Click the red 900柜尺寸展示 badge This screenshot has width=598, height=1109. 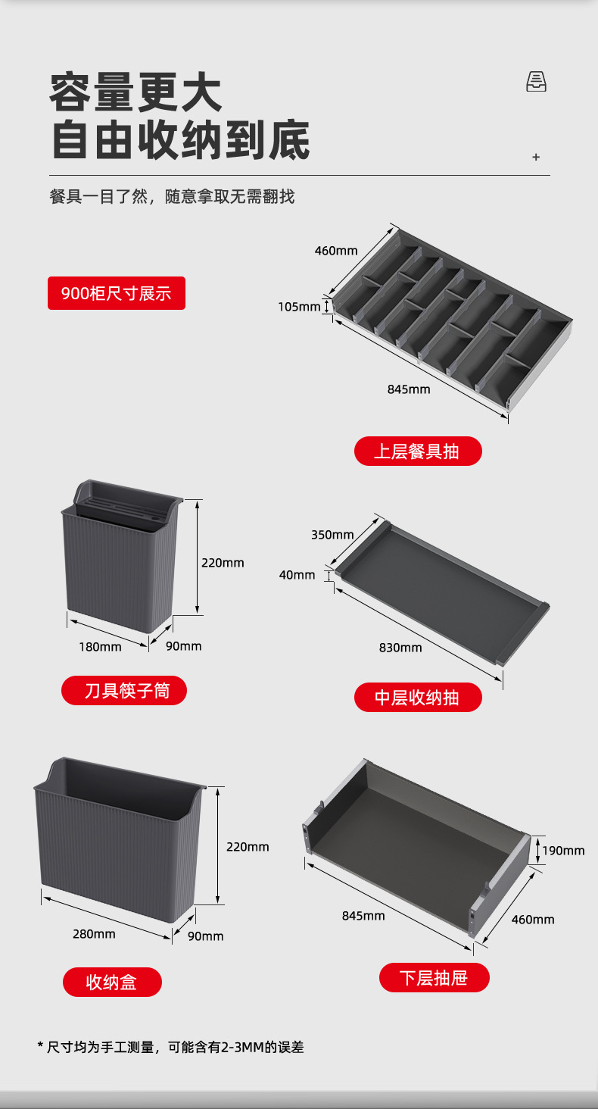[117, 293]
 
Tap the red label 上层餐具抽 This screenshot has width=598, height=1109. [417, 451]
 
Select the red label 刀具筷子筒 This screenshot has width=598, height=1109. [124, 691]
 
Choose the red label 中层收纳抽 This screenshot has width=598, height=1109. [417, 697]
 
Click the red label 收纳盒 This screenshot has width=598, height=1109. [112, 982]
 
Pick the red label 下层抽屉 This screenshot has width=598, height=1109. [434, 977]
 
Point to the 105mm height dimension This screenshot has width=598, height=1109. [299, 307]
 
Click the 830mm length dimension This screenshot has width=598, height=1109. [400, 648]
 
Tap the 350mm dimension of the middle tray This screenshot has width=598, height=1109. [332, 535]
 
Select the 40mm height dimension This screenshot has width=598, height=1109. [297, 575]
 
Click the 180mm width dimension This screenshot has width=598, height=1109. [100, 647]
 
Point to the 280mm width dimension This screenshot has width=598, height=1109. [94, 934]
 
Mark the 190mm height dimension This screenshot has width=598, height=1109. [563, 851]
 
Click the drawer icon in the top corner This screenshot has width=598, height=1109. [536, 82]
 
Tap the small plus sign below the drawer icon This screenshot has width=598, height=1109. [536, 157]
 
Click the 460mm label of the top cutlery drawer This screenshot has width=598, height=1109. [336, 251]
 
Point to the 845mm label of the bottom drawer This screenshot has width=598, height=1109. [363, 916]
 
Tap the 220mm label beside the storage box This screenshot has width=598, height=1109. [248, 847]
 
